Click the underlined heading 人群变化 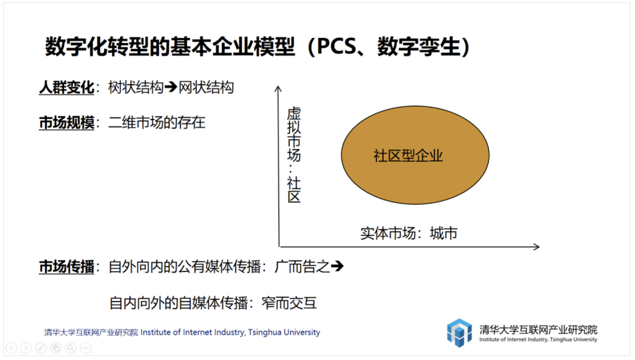[x=67, y=87]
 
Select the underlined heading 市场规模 [x=67, y=123]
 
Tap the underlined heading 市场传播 [x=67, y=267]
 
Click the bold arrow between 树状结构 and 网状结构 [x=171, y=87]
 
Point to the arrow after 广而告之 [x=337, y=266]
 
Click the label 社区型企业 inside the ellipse [x=408, y=155]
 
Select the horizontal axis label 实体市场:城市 [x=409, y=233]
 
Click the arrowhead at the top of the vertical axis [x=278, y=88]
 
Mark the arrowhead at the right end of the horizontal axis [x=536, y=247]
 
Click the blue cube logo [x=459, y=333]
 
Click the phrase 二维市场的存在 [x=157, y=123]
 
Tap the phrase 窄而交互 [x=289, y=303]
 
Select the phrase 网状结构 [x=206, y=87]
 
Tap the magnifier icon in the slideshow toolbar [x=70, y=348]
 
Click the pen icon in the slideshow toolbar [x=41, y=348]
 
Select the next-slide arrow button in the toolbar [x=26, y=348]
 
